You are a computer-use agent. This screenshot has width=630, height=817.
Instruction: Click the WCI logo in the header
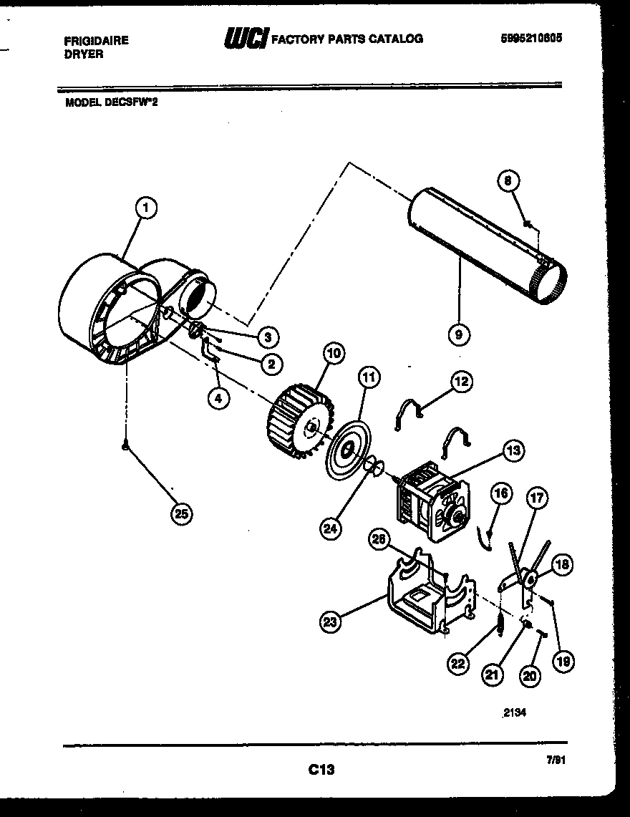246,39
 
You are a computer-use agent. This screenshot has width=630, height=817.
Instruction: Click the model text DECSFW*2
131,102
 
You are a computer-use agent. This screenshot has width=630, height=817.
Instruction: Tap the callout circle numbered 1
146,208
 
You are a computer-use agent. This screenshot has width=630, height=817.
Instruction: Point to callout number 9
458,334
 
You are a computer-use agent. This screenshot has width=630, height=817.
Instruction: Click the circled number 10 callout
334,353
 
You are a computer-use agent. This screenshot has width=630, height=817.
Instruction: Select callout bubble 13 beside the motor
513,450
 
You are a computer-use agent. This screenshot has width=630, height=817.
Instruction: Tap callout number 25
183,513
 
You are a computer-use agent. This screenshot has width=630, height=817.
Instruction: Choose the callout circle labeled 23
330,622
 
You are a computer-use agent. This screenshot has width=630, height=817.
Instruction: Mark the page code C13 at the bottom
321,770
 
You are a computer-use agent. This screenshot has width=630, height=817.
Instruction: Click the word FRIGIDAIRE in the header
97,41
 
